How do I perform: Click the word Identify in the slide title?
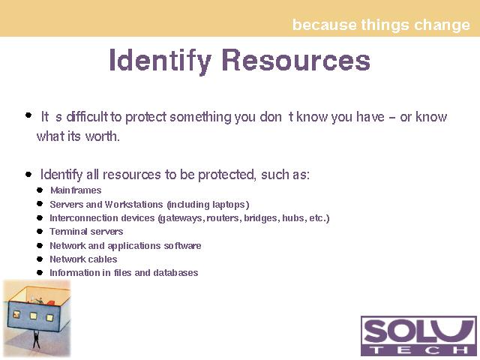[x=160, y=61]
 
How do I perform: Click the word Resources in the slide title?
[x=296, y=60]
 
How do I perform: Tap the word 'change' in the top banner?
[x=442, y=25]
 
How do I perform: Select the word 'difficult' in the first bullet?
[x=87, y=117]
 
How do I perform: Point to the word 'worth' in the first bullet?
[x=102, y=136]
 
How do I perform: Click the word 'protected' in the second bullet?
[x=226, y=175]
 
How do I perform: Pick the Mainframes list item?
[x=76, y=190]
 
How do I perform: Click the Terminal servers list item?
[x=86, y=232]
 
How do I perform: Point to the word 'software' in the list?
[x=182, y=245]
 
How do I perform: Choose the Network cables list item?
[x=83, y=259]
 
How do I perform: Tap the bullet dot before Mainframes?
[x=40, y=190]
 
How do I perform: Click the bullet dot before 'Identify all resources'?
[x=28, y=175]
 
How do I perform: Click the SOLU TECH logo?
[x=418, y=336]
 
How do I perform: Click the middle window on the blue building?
[x=33, y=316]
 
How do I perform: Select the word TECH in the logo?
[x=418, y=350]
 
